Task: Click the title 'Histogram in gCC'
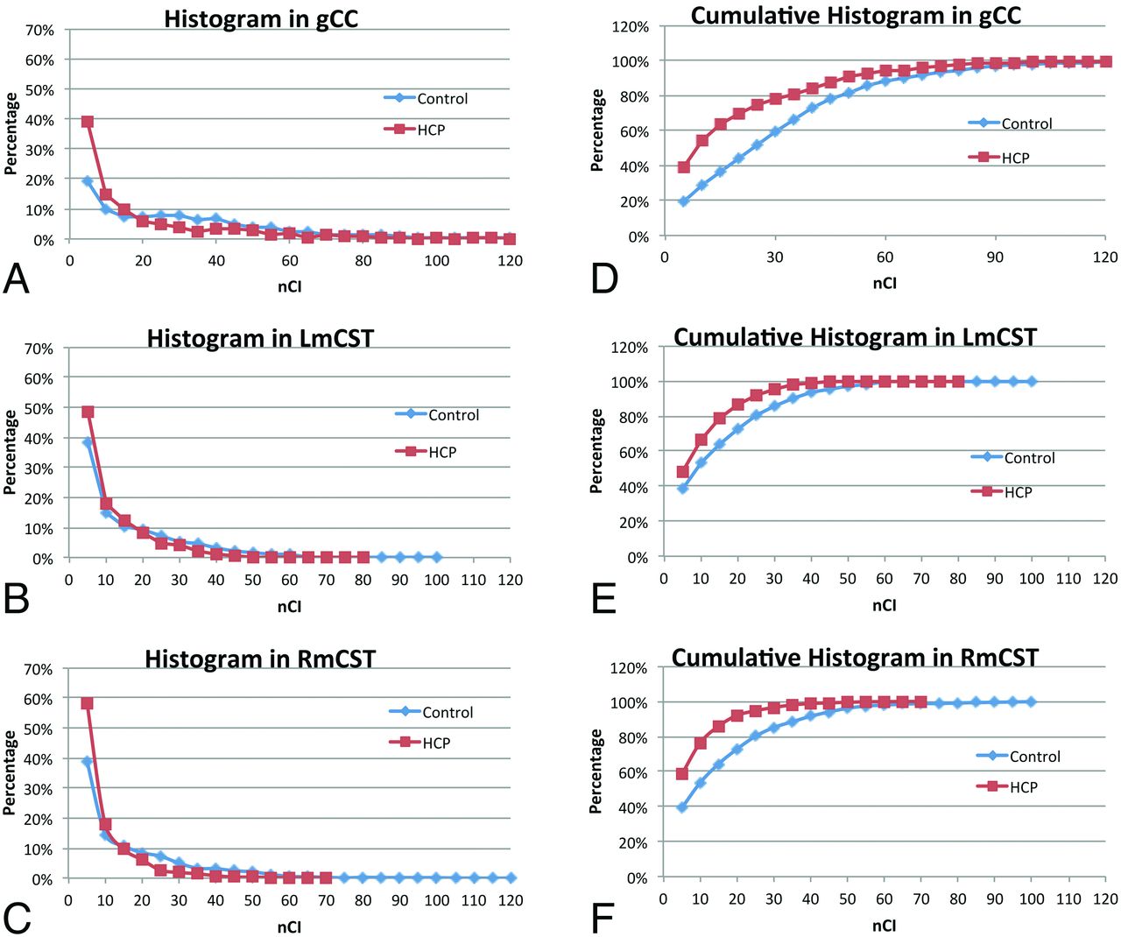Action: point(261,18)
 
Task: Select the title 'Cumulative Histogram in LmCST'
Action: point(855,337)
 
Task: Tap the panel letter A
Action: point(17,278)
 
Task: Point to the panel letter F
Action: point(603,919)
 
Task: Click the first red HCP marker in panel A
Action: point(88,122)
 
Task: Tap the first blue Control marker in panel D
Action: point(683,201)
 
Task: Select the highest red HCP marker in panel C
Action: point(87,703)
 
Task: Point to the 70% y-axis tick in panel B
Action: point(38,349)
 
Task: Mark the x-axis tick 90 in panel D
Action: point(995,257)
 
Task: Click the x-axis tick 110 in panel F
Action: point(1068,898)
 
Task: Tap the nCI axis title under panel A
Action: point(289,286)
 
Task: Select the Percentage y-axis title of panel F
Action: point(596,771)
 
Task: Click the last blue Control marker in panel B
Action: point(436,557)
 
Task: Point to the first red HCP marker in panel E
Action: point(683,472)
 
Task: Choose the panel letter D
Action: point(604,278)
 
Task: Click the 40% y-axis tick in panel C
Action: point(38,759)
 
